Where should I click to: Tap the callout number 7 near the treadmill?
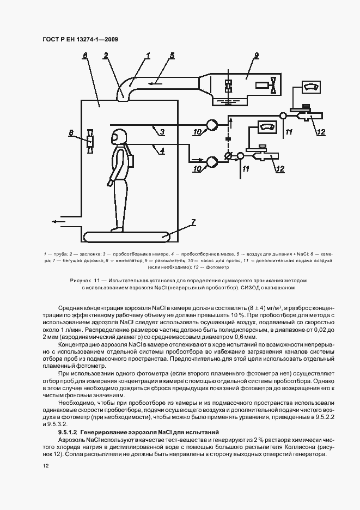(x=192, y=222)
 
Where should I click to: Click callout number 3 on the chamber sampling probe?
(x=155, y=131)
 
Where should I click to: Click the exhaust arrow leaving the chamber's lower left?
(x=60, y=222)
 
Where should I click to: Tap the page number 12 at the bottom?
(x=46, y=466)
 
